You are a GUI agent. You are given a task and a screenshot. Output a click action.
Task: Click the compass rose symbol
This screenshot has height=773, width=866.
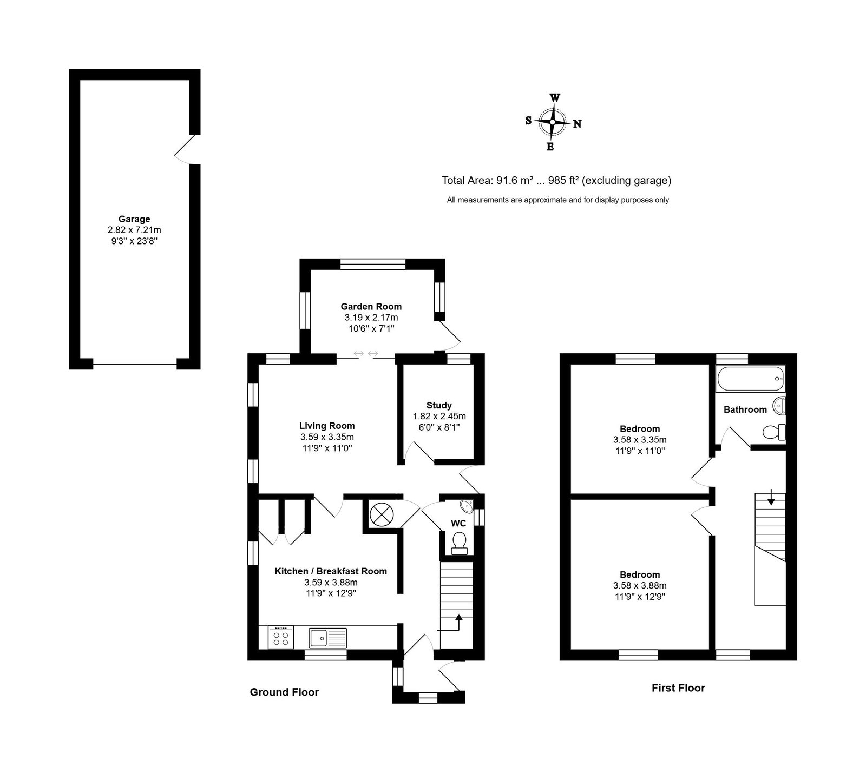[552, 122]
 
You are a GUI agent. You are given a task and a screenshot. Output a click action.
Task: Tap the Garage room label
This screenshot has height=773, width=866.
[134, 219]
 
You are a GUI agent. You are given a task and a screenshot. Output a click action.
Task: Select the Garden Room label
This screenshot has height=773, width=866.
[371, 307]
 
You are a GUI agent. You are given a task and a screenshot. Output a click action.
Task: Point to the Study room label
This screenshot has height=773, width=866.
[439, 405]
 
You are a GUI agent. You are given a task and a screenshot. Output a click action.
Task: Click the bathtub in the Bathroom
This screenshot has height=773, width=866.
[750, 378]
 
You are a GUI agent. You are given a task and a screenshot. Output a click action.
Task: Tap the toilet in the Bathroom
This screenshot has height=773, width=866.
[774, 432]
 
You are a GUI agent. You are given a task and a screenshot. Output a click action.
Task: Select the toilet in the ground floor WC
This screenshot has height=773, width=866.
[460, 543]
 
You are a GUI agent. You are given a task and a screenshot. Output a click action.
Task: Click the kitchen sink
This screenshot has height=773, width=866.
[328, 638]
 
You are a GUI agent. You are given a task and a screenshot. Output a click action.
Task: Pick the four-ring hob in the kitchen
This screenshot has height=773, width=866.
[281, 638]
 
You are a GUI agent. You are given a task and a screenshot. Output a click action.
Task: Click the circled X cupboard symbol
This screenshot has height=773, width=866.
[381, 513]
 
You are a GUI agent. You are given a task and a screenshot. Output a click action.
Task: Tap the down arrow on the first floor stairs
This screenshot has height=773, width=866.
[771, 498]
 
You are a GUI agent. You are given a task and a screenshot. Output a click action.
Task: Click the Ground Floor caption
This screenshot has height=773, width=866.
[284, 692]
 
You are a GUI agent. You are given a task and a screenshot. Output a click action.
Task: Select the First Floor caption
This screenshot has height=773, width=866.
[678, 688]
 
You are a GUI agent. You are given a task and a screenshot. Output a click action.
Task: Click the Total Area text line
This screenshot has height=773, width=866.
[556, 181]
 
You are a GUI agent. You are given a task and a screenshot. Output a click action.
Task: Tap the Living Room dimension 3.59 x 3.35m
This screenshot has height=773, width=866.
[327, 437]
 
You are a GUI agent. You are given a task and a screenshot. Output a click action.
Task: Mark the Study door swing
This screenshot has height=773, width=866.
[418, 452]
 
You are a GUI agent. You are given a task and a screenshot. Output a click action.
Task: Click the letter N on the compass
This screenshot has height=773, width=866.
[578, 124]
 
